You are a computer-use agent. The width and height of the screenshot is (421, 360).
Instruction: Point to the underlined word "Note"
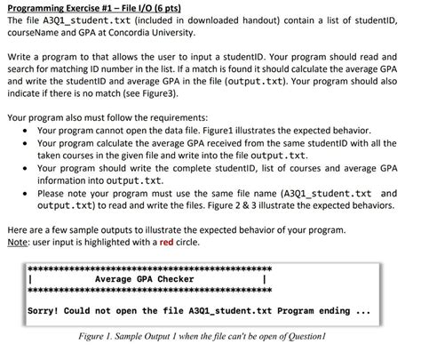click(x=18, y=242)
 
